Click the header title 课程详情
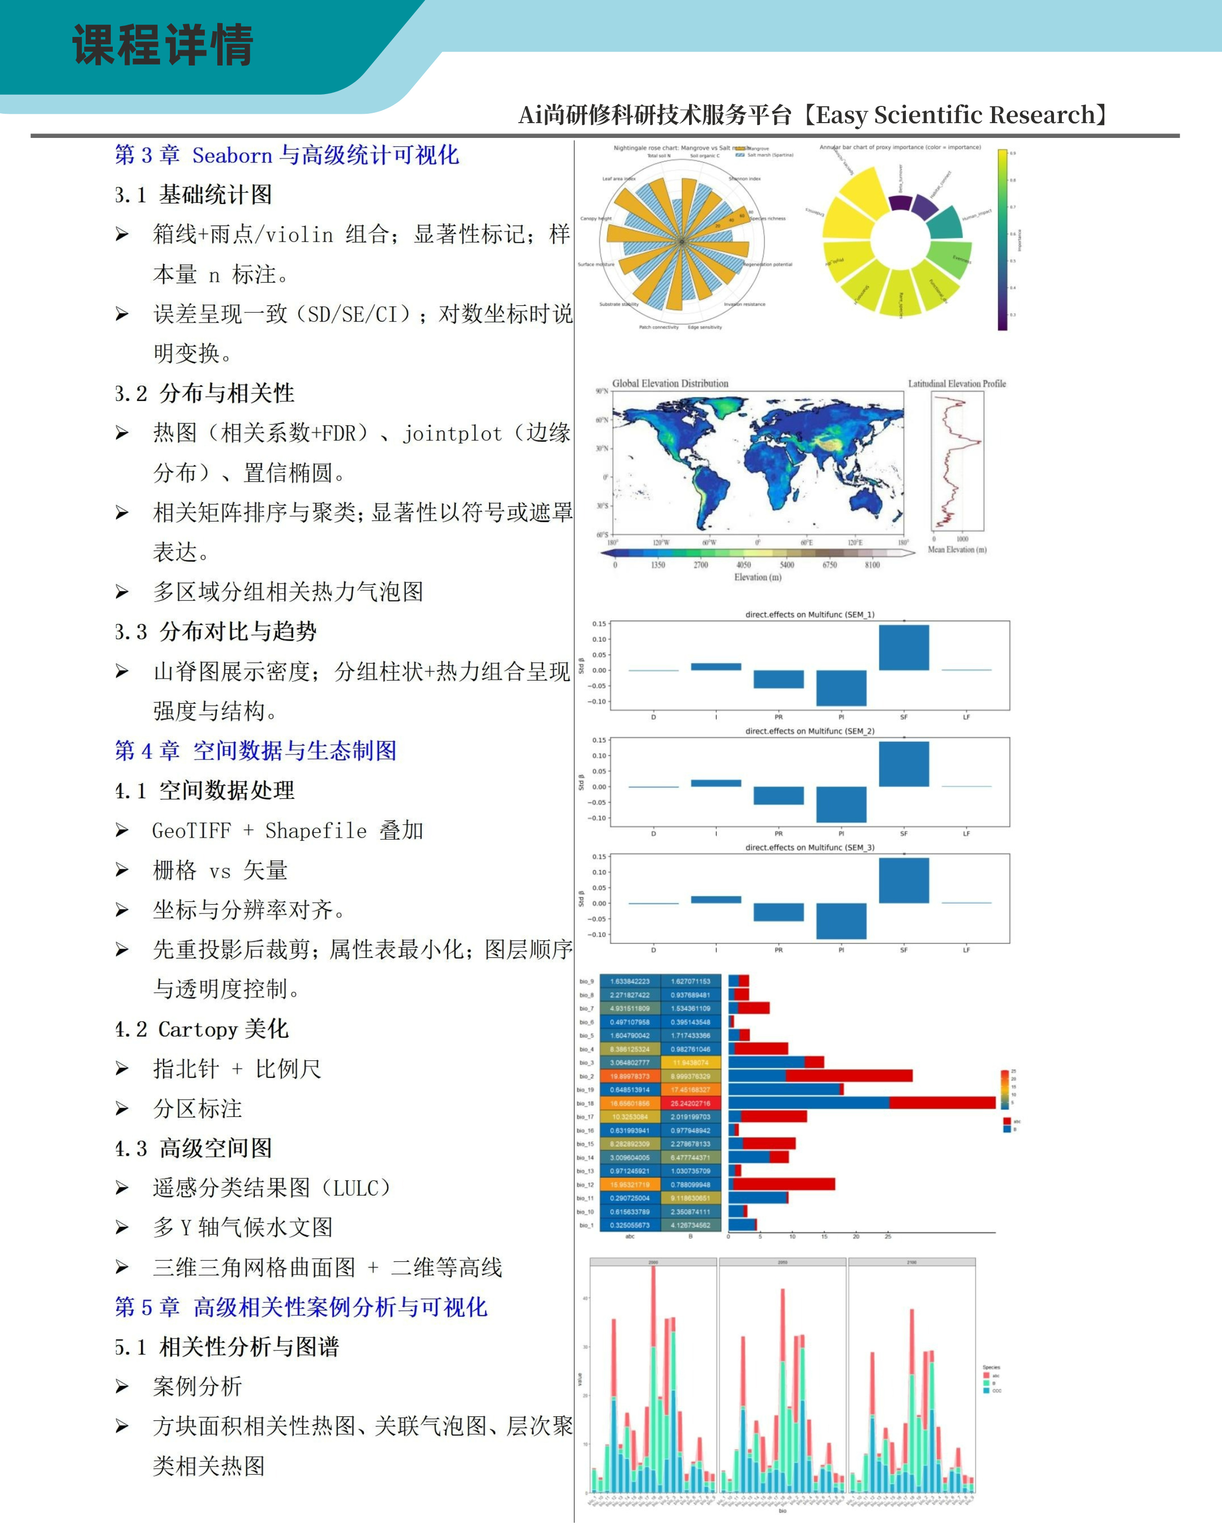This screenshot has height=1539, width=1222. pyautogui.click(x=163, y=44)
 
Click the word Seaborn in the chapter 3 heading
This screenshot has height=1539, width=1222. pyautogui.click(x=232, y=155)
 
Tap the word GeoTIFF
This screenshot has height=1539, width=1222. pyautogui.click(x=191, y=830)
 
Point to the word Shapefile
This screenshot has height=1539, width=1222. pyautogui.click(x=316, y=830)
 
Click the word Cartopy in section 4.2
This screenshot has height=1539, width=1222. pyautogui.click(x=198, y=1029)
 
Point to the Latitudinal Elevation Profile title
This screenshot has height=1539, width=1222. pyautogui.click(x=957, y=383)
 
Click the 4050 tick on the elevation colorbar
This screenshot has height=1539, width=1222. pyautogui.click(x=743, y=565)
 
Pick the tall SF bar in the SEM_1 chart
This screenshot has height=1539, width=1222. pyautogui.click(x=904, y=648)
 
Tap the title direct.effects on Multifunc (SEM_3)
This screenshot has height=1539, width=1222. pyautogui.click(x=809, y=847)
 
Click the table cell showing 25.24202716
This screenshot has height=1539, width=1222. pyautogui.click(x=690, y=1103)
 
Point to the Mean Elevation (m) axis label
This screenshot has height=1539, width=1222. pyautogui.click(x=957, y=550)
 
